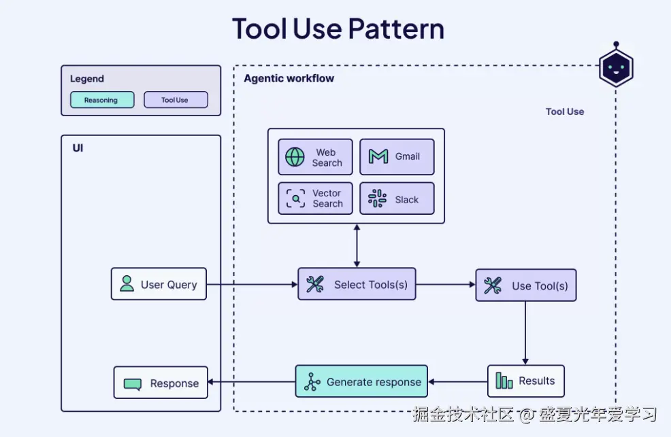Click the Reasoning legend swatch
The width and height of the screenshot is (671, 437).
pyautogui.click(x=102, y=99)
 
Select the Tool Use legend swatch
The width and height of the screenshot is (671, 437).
pyautogui.click(x=176, y=99)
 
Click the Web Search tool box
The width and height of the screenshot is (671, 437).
pyautogui.click(x=315, y=157)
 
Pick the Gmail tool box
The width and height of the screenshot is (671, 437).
pyautogui.click(x=397, y=157)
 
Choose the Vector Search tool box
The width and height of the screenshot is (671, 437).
pyautogui.click(x=315, y=198)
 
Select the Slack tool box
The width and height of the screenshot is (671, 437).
pyautogui.click(x=397, y=198)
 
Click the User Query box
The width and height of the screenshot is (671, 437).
pyautogui.click(x=159, y=284)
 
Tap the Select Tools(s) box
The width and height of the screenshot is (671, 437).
pyautogui.click(x=357, y=284)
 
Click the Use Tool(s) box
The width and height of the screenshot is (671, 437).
pyautogui.click(x=526, y=285)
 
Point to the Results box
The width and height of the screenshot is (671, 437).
pyautogui.click(x=526, y=381)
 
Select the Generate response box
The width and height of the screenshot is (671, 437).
pyautogui.click(x=361, y=381)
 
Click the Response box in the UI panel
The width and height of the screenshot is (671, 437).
pyautogui.click(x=161, y=383)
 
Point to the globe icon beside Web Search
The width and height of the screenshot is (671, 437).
pyautogui.click(x=295, y=157)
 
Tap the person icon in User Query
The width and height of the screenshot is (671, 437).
pyautogui.click(x=127, y=283)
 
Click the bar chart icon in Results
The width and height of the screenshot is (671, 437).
pyautogui.click(x=504, y=381)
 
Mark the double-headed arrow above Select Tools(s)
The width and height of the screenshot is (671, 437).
pyautogui.click(x=357, y=245)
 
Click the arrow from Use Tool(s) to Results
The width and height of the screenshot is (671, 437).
pyautogui.click(x=525, y=333)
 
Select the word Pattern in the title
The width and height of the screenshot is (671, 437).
pyautogui.click(x=396, y=29)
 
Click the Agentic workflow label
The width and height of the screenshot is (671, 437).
pyautogui.click(x=289, y=79)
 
